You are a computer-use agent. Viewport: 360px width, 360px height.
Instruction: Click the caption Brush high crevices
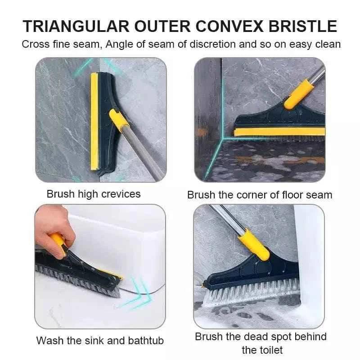[x=94, y=194]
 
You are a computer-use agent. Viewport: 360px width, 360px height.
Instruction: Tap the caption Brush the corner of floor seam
[x=260, y=195]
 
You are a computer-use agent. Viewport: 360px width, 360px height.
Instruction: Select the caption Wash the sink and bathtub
[x=100, y=340]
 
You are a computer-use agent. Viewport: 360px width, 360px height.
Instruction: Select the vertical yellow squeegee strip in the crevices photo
[x=94, y=121]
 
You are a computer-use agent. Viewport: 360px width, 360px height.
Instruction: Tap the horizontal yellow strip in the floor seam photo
[x=279, y=132]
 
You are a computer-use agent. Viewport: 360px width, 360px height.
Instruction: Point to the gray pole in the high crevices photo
[x=144, y=153]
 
